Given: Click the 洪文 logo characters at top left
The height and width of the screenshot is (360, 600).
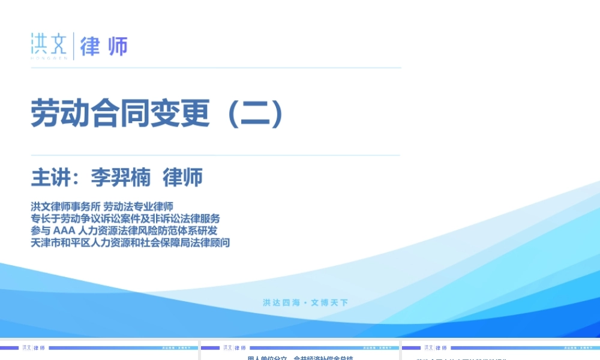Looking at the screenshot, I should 49,43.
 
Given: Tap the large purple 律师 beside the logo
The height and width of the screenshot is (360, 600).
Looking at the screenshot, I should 104,46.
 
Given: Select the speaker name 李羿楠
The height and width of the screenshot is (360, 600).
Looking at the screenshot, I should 121,178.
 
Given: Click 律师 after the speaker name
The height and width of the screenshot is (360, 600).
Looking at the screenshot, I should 182,178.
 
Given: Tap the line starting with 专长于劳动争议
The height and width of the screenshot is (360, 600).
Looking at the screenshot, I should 125,218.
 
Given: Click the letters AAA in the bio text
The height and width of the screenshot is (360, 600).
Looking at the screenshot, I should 64,230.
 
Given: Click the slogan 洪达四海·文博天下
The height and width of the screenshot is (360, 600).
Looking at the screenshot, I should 305,302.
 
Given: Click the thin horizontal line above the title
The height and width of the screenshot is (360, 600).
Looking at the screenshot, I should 216,68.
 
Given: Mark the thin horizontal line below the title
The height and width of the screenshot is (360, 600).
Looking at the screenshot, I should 216,155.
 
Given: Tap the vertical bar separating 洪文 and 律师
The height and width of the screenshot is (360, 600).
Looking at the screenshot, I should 74,46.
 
